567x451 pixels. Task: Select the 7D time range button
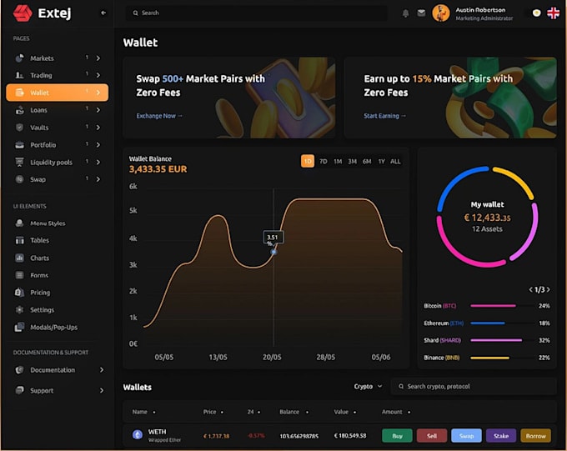pos(323,161)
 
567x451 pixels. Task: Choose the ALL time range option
pos(395,161)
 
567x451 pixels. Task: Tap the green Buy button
pos(397,435)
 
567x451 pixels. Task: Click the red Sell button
pos(431,435)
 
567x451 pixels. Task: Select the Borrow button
pos(534,435)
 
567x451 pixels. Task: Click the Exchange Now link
pos(159,116)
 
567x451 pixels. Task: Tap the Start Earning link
pos(384,116)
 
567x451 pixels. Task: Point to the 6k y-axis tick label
pos(133,187)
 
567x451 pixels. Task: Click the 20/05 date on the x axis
pos(272,357)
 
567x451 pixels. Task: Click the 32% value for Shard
pos(544,340)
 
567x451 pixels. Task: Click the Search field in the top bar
pos(255,13)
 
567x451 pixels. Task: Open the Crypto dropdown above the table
pos(368,387)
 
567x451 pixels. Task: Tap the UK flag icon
pos(553,13)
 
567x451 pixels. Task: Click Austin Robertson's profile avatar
pos(441,13)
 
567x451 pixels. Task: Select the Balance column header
pos(290,412)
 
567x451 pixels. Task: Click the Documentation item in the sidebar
pos(53,370)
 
